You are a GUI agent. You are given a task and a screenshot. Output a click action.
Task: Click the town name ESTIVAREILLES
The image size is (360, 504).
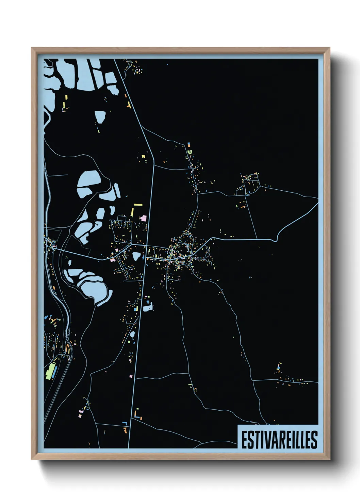tap(279, 440)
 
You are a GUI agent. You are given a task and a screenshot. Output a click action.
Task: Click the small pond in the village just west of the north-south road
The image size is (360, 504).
tap(136, 256)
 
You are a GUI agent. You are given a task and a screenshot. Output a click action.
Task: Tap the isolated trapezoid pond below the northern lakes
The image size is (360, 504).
tap(100, 117)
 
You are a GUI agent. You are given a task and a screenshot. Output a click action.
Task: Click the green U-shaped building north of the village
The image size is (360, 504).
tap(189, 152)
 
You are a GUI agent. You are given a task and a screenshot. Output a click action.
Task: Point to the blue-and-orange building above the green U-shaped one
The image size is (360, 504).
tap(189, 145)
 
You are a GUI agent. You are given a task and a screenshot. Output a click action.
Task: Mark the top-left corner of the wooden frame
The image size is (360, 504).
tap(32, 48)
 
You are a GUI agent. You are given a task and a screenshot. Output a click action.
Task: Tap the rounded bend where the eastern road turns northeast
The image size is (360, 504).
tap(276, 238)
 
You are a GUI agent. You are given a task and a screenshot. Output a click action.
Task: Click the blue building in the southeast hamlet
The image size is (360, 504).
tap(278, 368)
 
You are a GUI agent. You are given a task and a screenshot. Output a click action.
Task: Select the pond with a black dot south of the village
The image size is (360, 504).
tap(147, 308)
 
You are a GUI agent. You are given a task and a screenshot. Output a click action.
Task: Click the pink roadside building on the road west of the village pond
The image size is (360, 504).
tap(112, 260)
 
